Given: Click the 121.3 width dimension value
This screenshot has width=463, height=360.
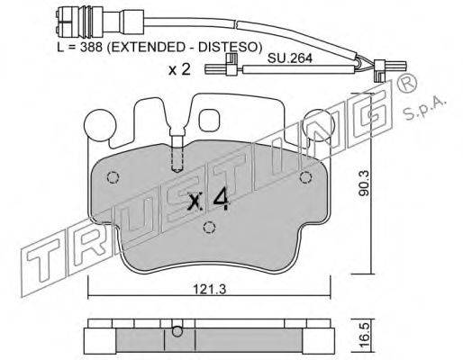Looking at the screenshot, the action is coord(209,290).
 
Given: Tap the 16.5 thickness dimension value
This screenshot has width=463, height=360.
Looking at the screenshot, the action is coord(364,336).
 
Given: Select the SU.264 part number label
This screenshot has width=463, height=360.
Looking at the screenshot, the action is coord(290,58).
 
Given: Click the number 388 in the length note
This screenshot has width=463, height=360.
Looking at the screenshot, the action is coord(92,47).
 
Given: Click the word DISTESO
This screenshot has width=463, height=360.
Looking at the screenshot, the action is coord(227,47).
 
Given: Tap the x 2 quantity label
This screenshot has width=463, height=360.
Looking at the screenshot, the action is coord(179,70).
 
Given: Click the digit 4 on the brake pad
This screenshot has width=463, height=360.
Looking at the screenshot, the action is coord(222,201).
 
